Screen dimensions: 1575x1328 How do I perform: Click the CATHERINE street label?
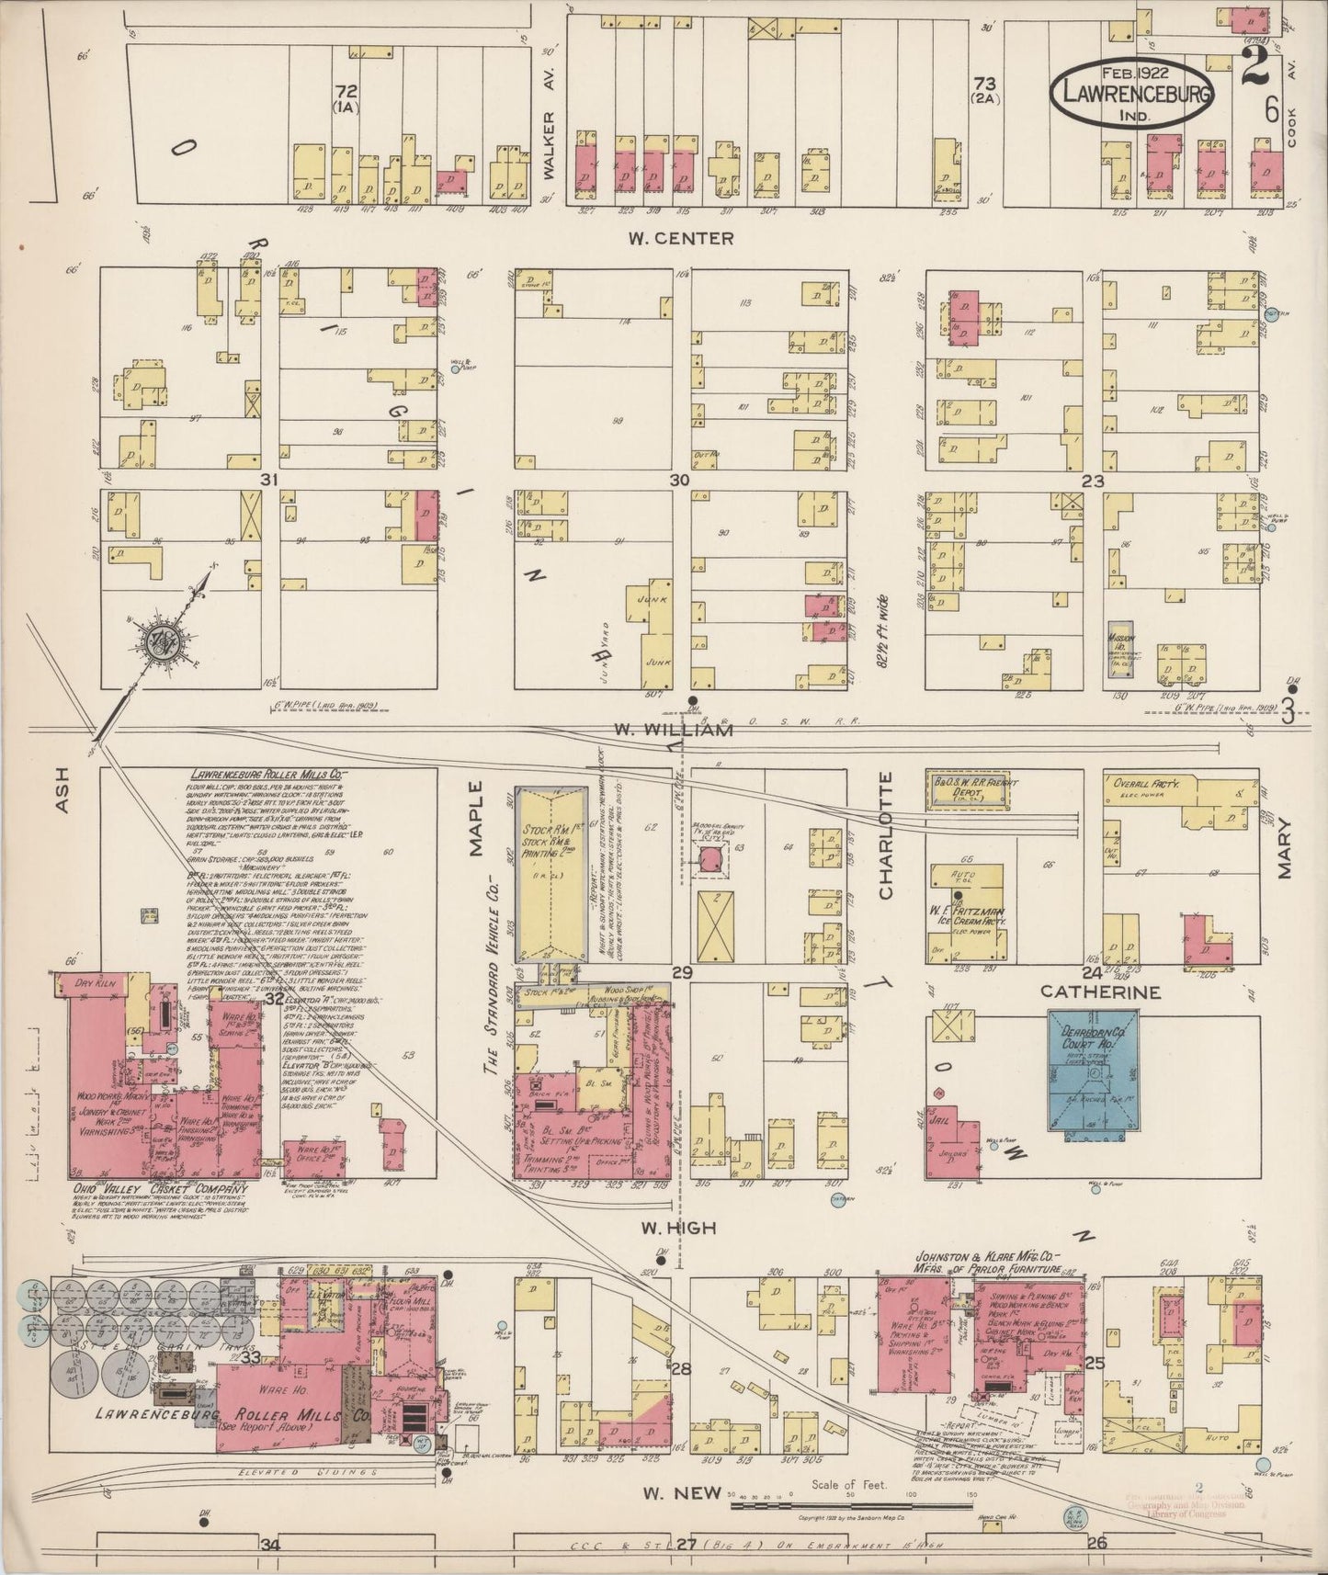coord(1101,992)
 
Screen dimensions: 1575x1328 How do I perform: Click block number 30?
coord(679,480)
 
